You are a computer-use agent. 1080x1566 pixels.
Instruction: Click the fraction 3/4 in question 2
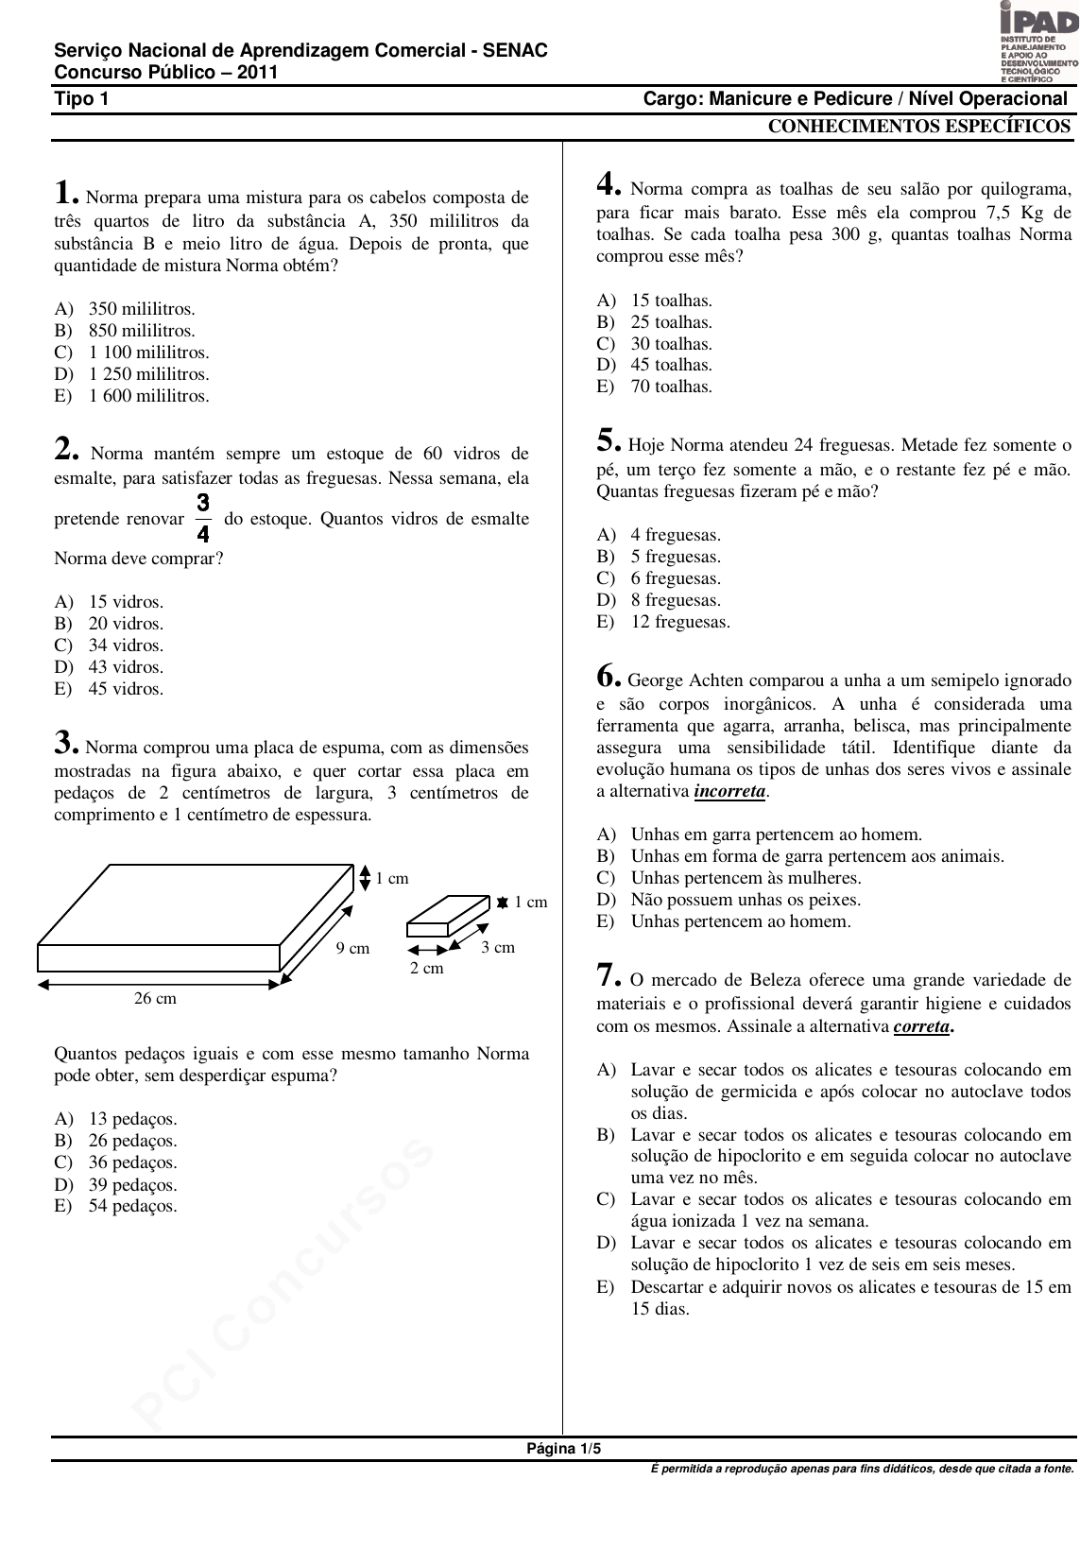(x=203, y=518)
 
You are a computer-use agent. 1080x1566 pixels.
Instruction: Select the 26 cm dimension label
(x=155, y=998)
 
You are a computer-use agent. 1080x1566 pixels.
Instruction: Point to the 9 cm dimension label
(x=352, y=948)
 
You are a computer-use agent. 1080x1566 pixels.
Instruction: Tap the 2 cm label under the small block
(x=426, y=968)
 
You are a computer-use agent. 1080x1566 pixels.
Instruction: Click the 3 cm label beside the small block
(x=498, y=947)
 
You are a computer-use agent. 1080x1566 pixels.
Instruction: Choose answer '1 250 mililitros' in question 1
(x=148, y=374)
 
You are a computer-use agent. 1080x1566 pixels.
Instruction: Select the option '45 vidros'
(x=125, y=689)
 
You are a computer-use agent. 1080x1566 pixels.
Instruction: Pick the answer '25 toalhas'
(x=671, y=322)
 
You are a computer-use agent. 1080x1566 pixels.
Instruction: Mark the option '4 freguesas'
(x=675, y=535)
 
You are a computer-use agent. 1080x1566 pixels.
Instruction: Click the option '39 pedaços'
(x=132, y=1185)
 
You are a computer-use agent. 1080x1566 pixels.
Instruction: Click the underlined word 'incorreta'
(x=729, y=792)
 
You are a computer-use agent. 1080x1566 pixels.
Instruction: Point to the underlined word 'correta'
(x=921, y=1026)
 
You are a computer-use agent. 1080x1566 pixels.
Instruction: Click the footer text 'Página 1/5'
(x=563, y=1449)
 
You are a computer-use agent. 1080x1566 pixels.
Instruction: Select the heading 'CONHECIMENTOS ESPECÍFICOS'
(x=918, y=128)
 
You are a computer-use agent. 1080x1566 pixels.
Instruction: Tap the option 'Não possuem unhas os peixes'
(x=746, y=900)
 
